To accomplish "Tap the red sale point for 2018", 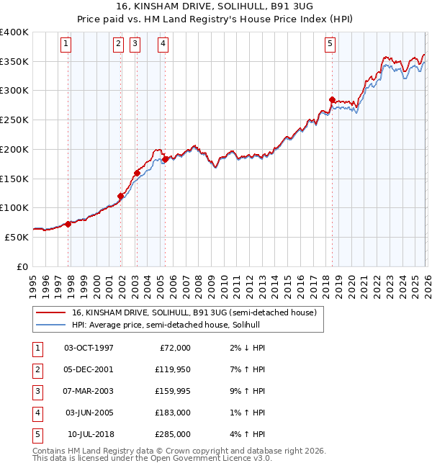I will (x=332, y=100).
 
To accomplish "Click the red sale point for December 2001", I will (x=120, y=196).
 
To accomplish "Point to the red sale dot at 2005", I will (x=165, y=158).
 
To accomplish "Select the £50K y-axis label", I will (x=17, y=237).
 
